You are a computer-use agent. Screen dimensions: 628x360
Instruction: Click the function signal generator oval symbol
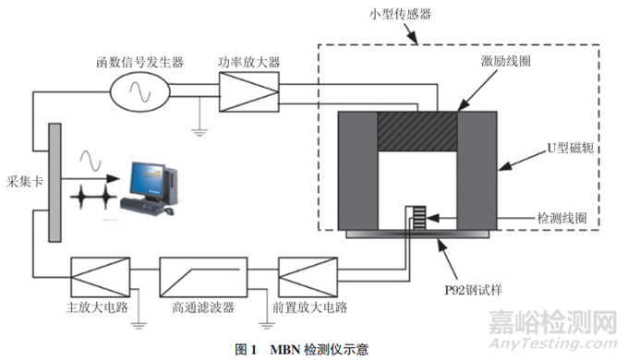point(139,91)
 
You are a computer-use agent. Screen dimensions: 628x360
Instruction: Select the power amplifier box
point(248,92)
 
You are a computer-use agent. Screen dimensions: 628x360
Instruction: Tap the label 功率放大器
point(248,62)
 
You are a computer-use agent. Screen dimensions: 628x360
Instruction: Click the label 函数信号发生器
point(139,62)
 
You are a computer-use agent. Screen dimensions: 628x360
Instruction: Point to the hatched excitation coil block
point(417,131)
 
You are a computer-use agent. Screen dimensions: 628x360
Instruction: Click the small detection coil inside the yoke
point(419,218)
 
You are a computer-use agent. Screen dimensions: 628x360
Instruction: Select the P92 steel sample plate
point(417,234)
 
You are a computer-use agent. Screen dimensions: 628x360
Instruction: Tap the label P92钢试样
point(473,290)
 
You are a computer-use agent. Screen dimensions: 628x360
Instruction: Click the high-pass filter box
point(203,277)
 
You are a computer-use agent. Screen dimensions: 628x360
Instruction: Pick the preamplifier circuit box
point(308,277)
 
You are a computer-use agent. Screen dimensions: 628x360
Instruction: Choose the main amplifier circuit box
point(100,277)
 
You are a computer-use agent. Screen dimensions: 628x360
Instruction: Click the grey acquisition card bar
point(54,183)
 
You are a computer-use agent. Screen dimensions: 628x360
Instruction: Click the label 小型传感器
point(400,15)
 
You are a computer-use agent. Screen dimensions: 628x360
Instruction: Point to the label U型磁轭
point(571,149)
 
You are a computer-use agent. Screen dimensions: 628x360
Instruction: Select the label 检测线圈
point(562,218)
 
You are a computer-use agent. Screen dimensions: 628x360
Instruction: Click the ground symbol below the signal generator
point(199,132)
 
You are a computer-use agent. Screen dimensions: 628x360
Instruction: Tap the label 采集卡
point(25,182)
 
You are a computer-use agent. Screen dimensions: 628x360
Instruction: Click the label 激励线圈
point(506,61)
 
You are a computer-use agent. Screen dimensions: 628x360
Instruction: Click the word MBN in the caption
point(284,350)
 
